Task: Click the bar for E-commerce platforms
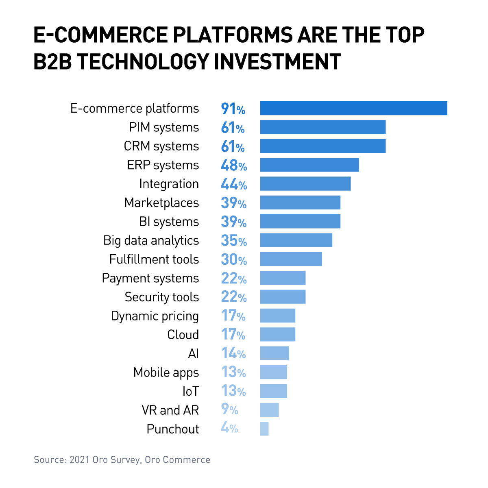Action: pyautogui.click(x=353, y=108)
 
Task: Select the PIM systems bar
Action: pyautogui.click(x=322, y=127)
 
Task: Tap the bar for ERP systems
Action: pyautogui.click(x=309, y=165)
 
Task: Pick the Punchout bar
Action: pyautogui.click(x=264, y=429)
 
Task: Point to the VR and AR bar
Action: pyautogui.click(x=269, y=410)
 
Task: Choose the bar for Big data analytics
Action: pyautogui.click(x=296, y=240)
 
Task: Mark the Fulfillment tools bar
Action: pyautogui.click(x=291, y=259)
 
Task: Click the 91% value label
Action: pyautogui.click(x=233, y=109)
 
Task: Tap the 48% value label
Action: pyautogui.click(x=234, y=165)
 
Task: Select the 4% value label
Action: pyautogui.click(x=229, y=428)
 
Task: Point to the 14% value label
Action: pyautogui.click(x=233, y=353)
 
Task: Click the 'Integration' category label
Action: pyautogui.click(x=169, y=184)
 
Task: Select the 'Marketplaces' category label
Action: pyautogui.click(x=161, y=203)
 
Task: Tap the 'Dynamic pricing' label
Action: pyautogui.click(x=155, y=316)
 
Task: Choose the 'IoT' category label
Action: pyautogui.click(x=190, y=391)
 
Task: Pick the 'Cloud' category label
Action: pyautogui.click(x=183, y=335)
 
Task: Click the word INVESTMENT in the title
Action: pyautogui.click(x=277, y=62)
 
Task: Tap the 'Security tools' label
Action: pyautogui.click(x=161, y=297)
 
